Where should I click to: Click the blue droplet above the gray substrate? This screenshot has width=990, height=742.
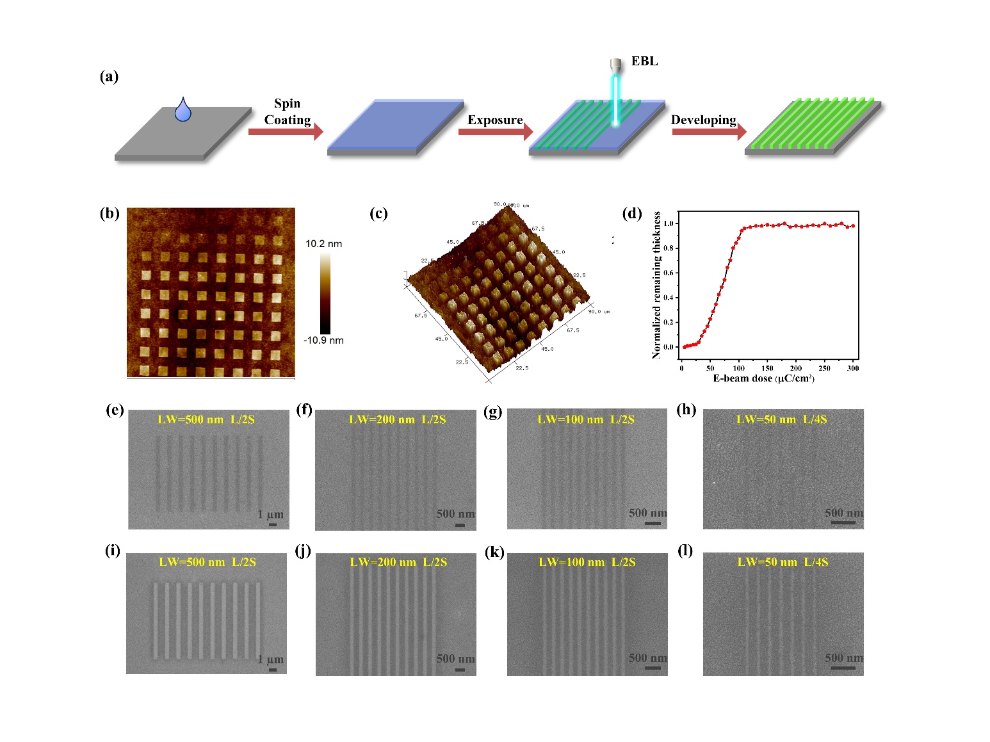(183, 111)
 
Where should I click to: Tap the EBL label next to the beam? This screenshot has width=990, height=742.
(644, 61)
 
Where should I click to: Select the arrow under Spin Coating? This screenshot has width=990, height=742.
(285, 132)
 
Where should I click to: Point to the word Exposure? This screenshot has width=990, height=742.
(495, 120)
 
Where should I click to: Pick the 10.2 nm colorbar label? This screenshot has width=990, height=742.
(323, 244)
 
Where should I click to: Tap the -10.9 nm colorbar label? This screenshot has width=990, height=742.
(323, 341)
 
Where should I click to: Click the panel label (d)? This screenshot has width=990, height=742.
(632, 214)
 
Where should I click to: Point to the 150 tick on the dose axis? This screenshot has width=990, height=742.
(767, 368)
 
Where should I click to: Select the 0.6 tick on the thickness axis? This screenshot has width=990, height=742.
(669, 273)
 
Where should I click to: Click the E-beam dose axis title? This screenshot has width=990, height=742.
(763, 378)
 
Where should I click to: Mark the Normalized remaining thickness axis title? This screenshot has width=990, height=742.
(656, 286)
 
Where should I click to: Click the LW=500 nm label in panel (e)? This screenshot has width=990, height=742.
(190, 420)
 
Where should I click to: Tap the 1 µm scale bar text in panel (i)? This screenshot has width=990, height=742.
(270, 659)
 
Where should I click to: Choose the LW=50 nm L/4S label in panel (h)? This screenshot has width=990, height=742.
(781, 420)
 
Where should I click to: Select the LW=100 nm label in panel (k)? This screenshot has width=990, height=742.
(571, 562)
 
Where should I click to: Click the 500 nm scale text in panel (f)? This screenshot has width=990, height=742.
(455, 514)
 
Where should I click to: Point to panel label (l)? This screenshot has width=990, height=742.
(685, 551)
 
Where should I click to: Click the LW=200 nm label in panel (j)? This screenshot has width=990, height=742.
(382, 562)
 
